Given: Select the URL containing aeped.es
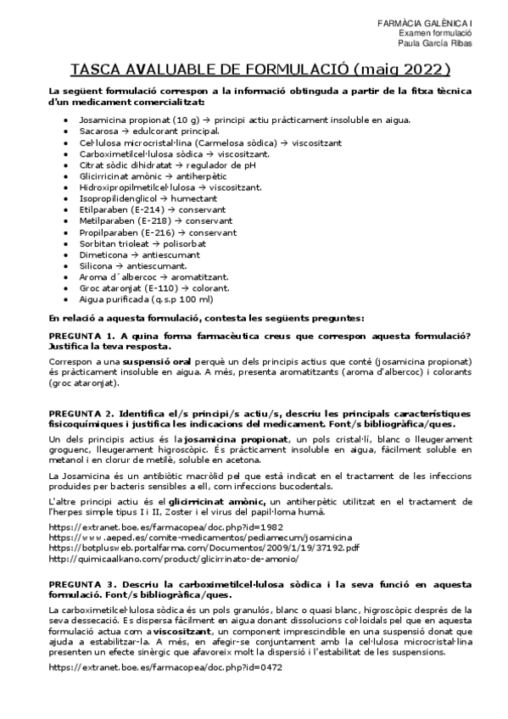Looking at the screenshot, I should click(x=188, y=537).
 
